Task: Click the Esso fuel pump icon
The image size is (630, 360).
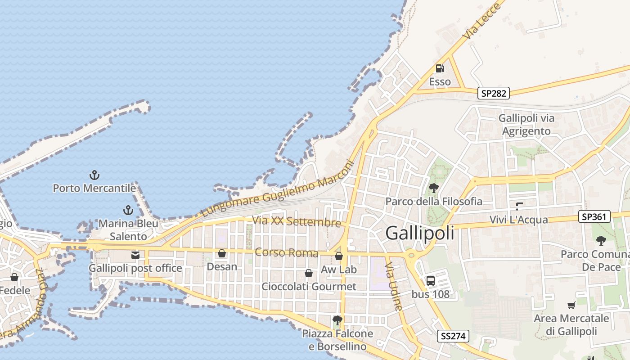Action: tap(440, 68)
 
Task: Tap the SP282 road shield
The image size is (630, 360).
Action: tap(494, 93)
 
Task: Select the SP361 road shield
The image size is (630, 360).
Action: tap(594, 217)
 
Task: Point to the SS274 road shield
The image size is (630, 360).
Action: tap(453, 336)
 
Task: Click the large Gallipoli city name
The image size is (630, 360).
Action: tap(420, 233)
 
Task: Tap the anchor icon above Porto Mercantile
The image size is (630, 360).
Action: tap(94, 175)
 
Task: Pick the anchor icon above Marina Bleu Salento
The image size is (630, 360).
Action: tap(129, 210)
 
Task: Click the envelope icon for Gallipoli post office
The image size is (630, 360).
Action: tap(135, 255)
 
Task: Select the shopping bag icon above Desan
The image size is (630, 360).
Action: tap(222, 254)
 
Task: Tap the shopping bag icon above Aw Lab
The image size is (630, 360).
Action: tap(339, 256)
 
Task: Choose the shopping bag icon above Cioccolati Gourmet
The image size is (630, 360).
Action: tap(309, 273)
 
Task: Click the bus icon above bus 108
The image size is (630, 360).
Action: tap(431, 281)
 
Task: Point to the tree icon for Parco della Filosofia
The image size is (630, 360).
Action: tap(434, 188)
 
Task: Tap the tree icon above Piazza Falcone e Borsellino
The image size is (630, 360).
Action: tap(337, 320)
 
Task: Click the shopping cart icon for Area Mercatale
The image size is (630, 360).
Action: tap(571, 306)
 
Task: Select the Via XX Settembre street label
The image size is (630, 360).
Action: tap(297, 221)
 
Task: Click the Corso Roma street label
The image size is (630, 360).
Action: tap(286, 252)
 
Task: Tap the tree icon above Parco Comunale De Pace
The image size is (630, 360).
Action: tap(601, 241)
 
